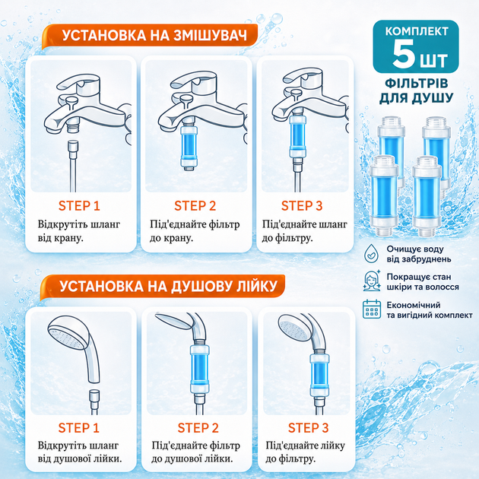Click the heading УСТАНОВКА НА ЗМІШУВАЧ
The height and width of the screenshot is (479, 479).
[x=154, y=36]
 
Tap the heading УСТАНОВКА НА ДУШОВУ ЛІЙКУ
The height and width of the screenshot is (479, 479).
[x=168, y=286]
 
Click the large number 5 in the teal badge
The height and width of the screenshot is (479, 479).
[x=403, y=55]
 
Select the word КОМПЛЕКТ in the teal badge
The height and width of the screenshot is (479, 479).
[x=417, y=31]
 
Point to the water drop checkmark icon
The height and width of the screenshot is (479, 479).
[x=371, y=253]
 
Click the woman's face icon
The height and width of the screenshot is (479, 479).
[x=372, y=281]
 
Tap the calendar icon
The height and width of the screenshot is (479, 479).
[x=372, y=309]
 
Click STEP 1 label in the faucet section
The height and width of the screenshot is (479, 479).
[x=79, y=206]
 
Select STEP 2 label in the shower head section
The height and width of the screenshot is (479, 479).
[x=198, y=428]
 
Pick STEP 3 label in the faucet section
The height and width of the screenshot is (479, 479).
[x=302, y=206]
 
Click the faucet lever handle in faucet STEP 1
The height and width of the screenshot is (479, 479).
[x=79, y=83]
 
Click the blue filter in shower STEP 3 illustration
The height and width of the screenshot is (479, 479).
[x=319, y=375]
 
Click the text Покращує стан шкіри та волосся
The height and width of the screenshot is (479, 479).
[x=423, y=281]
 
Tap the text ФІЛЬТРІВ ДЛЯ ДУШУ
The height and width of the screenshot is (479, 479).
[x=417, y=90]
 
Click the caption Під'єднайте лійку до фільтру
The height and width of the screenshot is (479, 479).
[x=305, y=452]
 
